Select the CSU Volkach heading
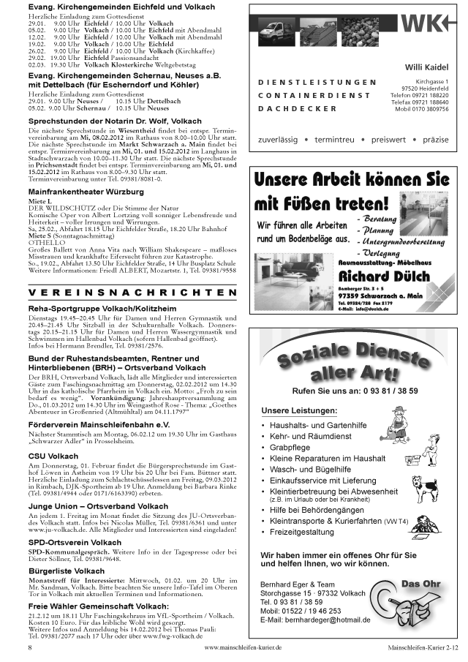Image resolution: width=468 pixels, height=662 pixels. [53, 456]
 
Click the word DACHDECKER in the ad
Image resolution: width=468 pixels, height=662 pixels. [298, 108]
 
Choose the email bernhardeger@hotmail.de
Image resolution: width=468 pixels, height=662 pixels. [315, 621]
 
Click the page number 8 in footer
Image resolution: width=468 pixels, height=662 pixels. [30, 648]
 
